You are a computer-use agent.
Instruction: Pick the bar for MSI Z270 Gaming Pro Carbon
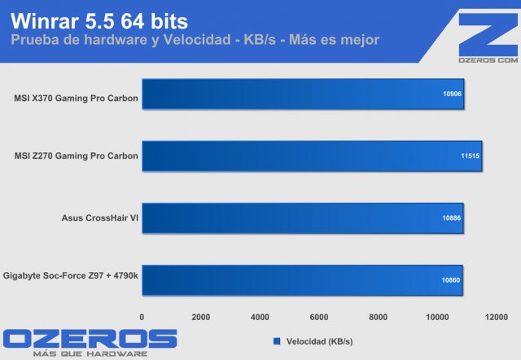[312, 156]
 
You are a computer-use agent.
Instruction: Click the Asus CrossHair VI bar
[303, 218]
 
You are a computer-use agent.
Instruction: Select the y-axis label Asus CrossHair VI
[99, 217]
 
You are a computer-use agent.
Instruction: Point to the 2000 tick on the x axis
[201, 317]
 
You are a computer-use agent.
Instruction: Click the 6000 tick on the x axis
[319, 317]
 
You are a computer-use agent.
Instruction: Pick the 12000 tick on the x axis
[497, 317]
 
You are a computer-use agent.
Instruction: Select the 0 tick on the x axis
[142, 317]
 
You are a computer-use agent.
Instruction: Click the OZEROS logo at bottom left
[90, 339]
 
